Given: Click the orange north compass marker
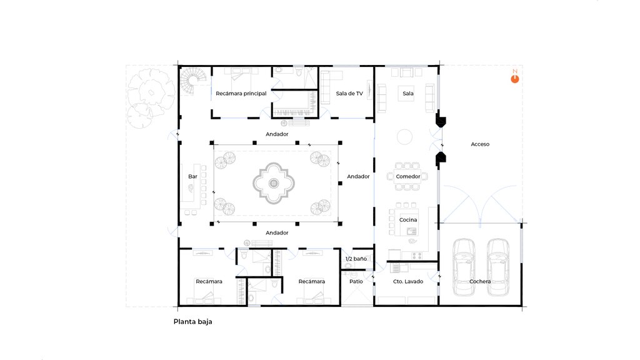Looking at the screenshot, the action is (515, 78).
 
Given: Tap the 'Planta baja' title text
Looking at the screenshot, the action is (192, 322).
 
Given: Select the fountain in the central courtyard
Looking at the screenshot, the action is (274, 183).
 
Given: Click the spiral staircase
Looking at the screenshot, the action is (190, 81).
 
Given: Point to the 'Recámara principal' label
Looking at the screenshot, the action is (241, 94).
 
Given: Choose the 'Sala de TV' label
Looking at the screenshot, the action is (349, 94).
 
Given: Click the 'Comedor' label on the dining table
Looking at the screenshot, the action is (407, 176).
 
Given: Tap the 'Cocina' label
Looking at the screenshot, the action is (407, 219).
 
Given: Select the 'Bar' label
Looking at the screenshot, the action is (192, 176).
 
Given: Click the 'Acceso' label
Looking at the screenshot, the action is (480, 144).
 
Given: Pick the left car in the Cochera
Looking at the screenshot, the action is (464, 267).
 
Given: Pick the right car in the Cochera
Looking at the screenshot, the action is (498, 267).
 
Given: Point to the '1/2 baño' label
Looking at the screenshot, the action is (356, 259).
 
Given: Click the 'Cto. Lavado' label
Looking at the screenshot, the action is (407, 281).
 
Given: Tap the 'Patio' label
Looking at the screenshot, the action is (356, 281).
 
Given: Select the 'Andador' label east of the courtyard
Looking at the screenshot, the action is (358, 176).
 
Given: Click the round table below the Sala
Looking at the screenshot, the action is (404, 137).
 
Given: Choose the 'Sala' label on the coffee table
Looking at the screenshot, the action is (407, 94).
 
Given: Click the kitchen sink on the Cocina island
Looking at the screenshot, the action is (411, 231).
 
